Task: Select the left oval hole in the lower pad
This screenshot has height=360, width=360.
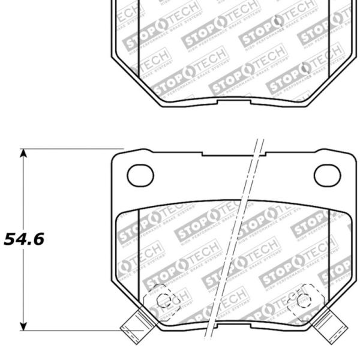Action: coord(140,175)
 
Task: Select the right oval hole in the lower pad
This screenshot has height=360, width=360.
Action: coord(328,175)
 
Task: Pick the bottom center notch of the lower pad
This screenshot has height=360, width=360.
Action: coord(234,328)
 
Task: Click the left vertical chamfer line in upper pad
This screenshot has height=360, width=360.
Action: coord(139,36)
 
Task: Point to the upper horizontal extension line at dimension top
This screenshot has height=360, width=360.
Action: coord(72,149)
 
